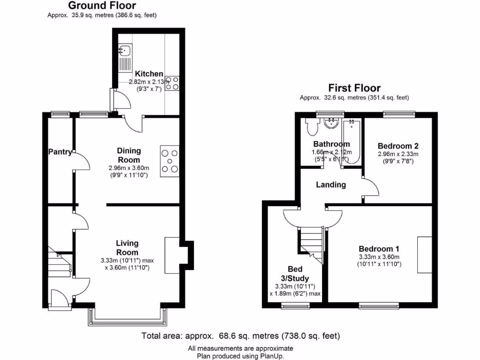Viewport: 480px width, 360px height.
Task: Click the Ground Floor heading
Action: pos(102,6)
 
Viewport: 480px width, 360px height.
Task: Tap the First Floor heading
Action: pos(354,88)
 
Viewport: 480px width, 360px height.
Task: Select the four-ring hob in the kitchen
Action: pos(172,82)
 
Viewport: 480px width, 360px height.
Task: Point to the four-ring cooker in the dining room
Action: pos(169,162)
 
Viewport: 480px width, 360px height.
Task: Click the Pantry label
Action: pos(60,152)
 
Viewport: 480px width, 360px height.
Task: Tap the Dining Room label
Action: pos(129,155)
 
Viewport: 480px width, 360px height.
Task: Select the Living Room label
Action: pos(127,247)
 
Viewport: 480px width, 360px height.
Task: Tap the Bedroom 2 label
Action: pos(398,145)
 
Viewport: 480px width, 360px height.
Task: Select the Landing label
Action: pos(331,185)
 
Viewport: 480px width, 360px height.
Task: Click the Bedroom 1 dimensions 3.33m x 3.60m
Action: pos(379,257)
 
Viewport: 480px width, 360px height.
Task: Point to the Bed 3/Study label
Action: pos(295,274)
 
